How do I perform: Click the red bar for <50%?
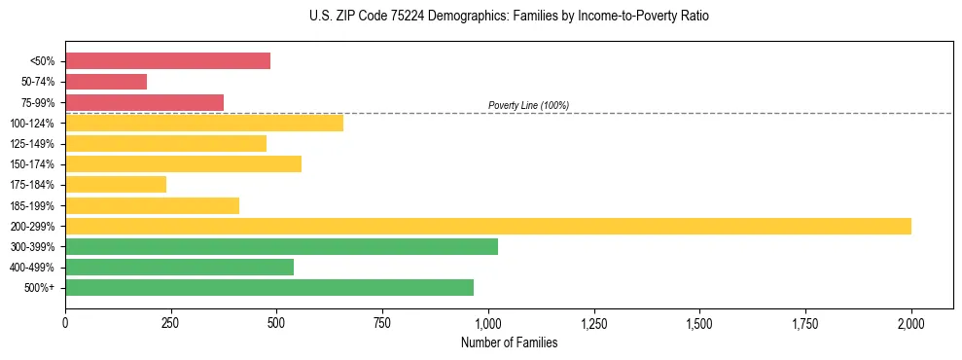(167, 61)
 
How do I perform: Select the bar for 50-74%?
(106, 82)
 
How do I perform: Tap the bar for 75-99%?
(144, 102)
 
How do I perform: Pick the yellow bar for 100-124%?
(204, 123)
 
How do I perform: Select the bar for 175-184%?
(116, 184)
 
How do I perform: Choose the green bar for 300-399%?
(281, 246)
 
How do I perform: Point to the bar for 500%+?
(269, 287)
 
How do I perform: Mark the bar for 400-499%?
(179, 267)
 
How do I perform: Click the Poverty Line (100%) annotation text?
(528, 105)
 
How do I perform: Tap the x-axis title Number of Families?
(509, 342)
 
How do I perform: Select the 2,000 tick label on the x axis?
(911, 323)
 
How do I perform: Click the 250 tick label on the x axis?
(171, 323)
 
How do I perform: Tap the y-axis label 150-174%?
(32, 164)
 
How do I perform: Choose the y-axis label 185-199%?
(32, 205)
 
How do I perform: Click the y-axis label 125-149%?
(32, 144)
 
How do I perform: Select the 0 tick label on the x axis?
(65, 323)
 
